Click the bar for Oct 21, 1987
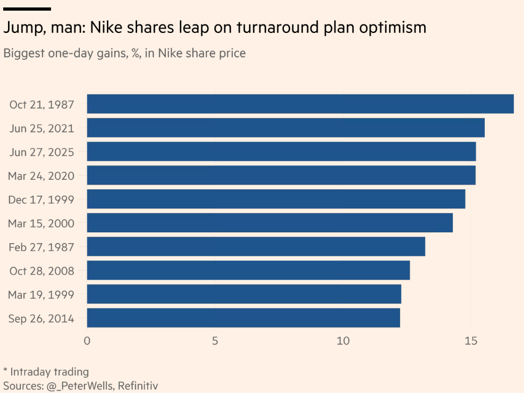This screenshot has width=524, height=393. [300, 104]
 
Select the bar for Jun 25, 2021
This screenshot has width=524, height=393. [285, 128]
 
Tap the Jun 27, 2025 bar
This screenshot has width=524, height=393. [281, 152]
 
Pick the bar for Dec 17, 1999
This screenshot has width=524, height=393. [276, 199]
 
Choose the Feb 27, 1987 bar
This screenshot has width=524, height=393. [256, 246]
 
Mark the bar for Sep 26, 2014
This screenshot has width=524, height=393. [243, 318]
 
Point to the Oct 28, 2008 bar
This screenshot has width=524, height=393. [248, 270]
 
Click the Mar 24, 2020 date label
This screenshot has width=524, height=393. [41, 175]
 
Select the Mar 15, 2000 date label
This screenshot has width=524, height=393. [41, 223]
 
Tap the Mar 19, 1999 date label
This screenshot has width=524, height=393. [41, 295]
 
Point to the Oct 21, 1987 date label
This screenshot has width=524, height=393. [41, 104]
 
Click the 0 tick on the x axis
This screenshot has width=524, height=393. [87, 340]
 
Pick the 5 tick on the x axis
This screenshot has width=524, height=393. [215, 340]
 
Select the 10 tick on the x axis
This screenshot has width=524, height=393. [343, 340]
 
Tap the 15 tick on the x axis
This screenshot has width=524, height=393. [470, 340]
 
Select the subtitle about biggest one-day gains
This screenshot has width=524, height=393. [124, 53]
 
